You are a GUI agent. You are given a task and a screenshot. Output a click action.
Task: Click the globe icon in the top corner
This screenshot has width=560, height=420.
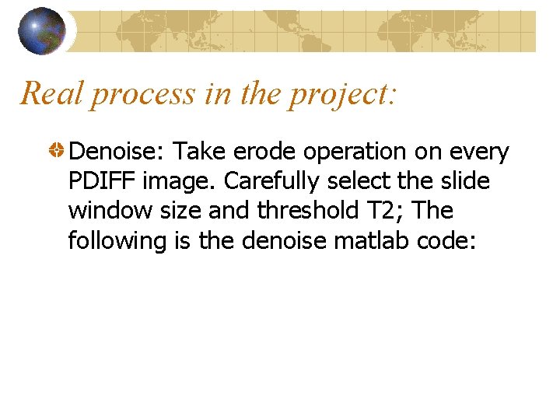(x=41, y=31)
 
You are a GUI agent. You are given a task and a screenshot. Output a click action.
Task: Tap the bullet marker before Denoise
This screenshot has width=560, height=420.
(x=58, y=152)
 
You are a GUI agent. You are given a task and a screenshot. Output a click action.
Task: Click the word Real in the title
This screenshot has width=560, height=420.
(x=51, y=93)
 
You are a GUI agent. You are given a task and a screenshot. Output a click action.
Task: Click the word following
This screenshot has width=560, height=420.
(x=117, y=241)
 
